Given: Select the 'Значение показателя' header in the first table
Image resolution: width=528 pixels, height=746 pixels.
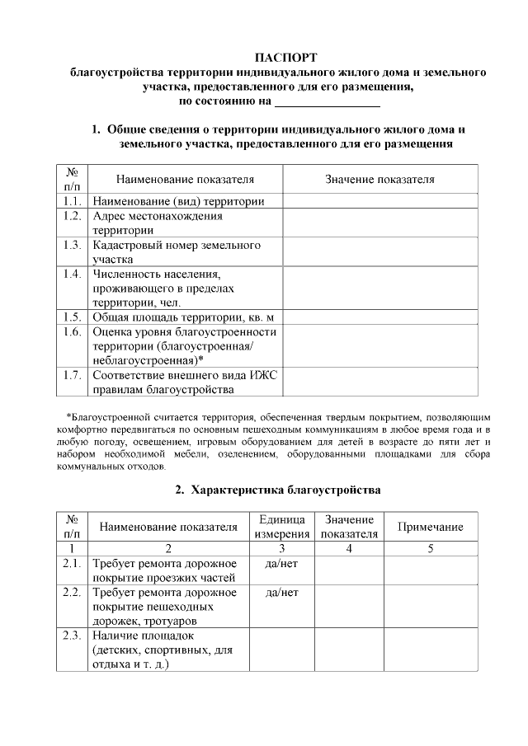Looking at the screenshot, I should (380, 179).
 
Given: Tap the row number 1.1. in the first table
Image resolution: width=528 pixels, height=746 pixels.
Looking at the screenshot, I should (72, 200).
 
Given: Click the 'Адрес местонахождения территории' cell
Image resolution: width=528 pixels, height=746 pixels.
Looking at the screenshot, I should (158, 223).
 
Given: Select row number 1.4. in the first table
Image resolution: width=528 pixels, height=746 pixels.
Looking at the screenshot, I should (72, 273).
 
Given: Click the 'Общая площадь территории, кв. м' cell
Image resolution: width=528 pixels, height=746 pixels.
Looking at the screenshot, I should (182, 317).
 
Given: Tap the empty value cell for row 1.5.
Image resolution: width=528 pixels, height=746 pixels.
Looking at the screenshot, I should (380, 317).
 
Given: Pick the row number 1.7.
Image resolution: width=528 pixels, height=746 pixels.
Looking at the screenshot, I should (72, 375).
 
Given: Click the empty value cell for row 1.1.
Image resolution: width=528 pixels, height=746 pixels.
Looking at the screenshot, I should (380, 200).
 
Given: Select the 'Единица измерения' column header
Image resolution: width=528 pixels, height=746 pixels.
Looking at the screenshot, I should (281, 527).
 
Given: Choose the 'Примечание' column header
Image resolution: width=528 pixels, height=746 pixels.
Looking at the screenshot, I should (430, 527).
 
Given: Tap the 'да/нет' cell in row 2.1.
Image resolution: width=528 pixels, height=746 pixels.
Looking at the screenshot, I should (281, 563).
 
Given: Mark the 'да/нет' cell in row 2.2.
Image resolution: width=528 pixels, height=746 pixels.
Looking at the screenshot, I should (281, 592).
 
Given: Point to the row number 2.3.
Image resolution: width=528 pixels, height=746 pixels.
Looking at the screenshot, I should (72, 635).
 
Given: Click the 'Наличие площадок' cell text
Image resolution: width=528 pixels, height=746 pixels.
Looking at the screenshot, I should (143, 636).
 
